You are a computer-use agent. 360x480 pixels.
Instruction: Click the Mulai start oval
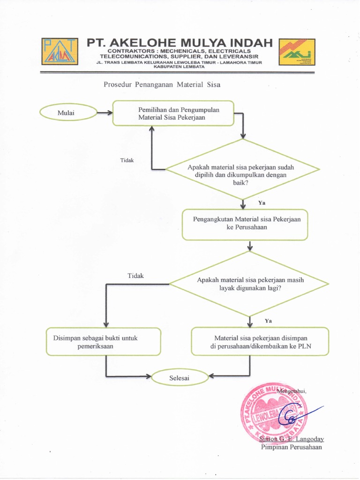coord(68,112)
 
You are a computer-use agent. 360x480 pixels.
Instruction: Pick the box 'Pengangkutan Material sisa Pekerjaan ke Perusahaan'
coord(245,224)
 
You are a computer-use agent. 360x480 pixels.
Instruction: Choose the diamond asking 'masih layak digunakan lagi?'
coord(249,284)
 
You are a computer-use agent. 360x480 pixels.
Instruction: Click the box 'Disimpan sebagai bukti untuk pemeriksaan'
coord(103,341)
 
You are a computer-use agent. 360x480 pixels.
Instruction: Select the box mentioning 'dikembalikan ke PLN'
coord(260,341)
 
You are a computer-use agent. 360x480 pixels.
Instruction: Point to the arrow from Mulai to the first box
coord(104,112)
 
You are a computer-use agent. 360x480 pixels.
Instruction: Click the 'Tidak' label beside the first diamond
coord(127,160)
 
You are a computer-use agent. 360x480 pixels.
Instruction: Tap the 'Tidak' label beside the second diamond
coord(135,276)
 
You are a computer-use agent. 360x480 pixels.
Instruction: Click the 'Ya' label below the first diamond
coord(262,203)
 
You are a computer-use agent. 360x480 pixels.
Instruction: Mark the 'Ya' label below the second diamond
coord(268,321)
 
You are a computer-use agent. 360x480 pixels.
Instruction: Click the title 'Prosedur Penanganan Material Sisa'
coord(161,85)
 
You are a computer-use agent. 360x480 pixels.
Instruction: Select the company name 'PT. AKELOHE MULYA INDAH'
coord(180,43)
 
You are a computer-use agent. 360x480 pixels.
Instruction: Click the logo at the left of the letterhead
coord(60,52)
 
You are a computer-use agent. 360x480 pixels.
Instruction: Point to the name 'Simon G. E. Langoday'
coord(292,439)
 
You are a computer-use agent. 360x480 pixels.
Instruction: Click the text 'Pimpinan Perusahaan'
coord(291,447)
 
